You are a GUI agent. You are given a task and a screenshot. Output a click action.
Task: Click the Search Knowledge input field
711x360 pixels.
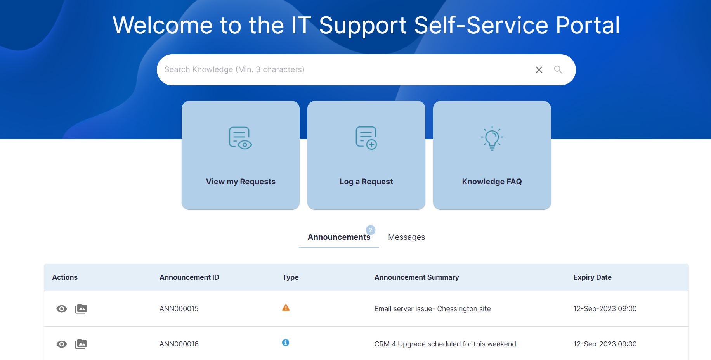point(342,70)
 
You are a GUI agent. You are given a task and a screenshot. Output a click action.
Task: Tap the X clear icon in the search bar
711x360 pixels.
point(539,70)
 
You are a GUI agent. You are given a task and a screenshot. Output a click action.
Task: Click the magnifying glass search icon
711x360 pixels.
point(558,70)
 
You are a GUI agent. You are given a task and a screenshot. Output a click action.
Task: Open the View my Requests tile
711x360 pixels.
point(241,155)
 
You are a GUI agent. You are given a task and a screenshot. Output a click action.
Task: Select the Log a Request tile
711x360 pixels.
point(366,155)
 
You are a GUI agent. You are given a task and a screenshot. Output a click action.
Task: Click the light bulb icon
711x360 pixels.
point(492,138)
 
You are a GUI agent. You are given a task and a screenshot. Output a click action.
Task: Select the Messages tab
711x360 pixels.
point(406,237)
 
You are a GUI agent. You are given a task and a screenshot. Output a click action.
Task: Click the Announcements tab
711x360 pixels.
point(339,237)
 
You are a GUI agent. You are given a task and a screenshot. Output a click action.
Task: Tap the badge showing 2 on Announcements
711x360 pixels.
point(371,230)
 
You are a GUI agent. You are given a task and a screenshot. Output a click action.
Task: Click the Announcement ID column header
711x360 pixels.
point(189,277)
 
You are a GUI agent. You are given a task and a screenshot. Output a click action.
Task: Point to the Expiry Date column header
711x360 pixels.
point(592,277)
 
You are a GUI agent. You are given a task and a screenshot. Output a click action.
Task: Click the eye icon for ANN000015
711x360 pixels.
point(62,309)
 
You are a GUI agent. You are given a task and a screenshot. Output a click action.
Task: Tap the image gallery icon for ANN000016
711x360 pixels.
point(81,344)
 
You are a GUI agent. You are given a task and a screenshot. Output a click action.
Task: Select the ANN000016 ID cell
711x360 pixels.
point(179,344)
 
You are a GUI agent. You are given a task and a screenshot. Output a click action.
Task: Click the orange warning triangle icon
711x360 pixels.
point(286,308)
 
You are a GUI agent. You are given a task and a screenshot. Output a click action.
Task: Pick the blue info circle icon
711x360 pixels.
point(286,343)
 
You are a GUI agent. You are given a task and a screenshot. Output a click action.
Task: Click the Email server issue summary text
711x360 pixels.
point(432,309)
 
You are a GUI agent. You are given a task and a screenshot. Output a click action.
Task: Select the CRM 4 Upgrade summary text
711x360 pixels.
point(445,344)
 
